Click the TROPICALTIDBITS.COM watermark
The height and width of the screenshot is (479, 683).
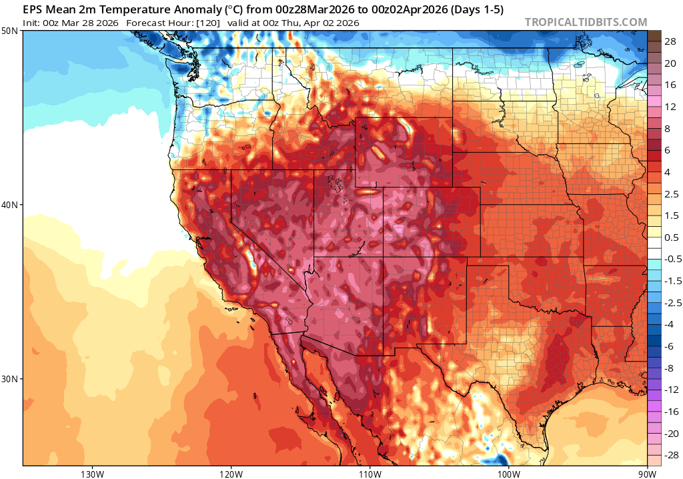tap(586, 22)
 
